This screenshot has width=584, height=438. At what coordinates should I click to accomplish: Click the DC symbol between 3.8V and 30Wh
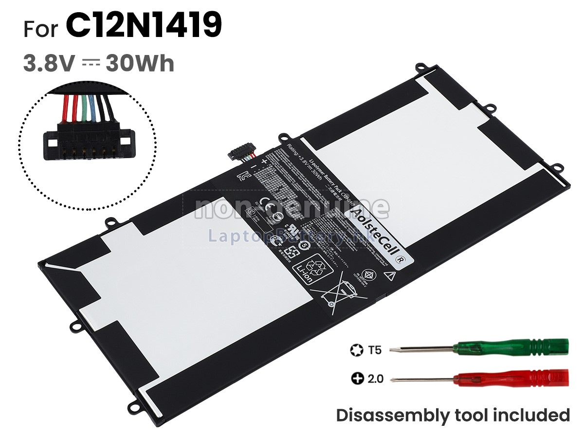tap(91, 63)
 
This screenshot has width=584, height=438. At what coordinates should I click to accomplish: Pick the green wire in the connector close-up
tap(84, 108)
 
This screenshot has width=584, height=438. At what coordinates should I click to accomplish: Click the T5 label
tap(375, 349)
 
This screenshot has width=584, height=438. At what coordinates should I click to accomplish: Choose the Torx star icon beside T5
tap(355, 349)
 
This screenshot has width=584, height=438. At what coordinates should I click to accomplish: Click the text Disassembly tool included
tap(453, 415)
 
